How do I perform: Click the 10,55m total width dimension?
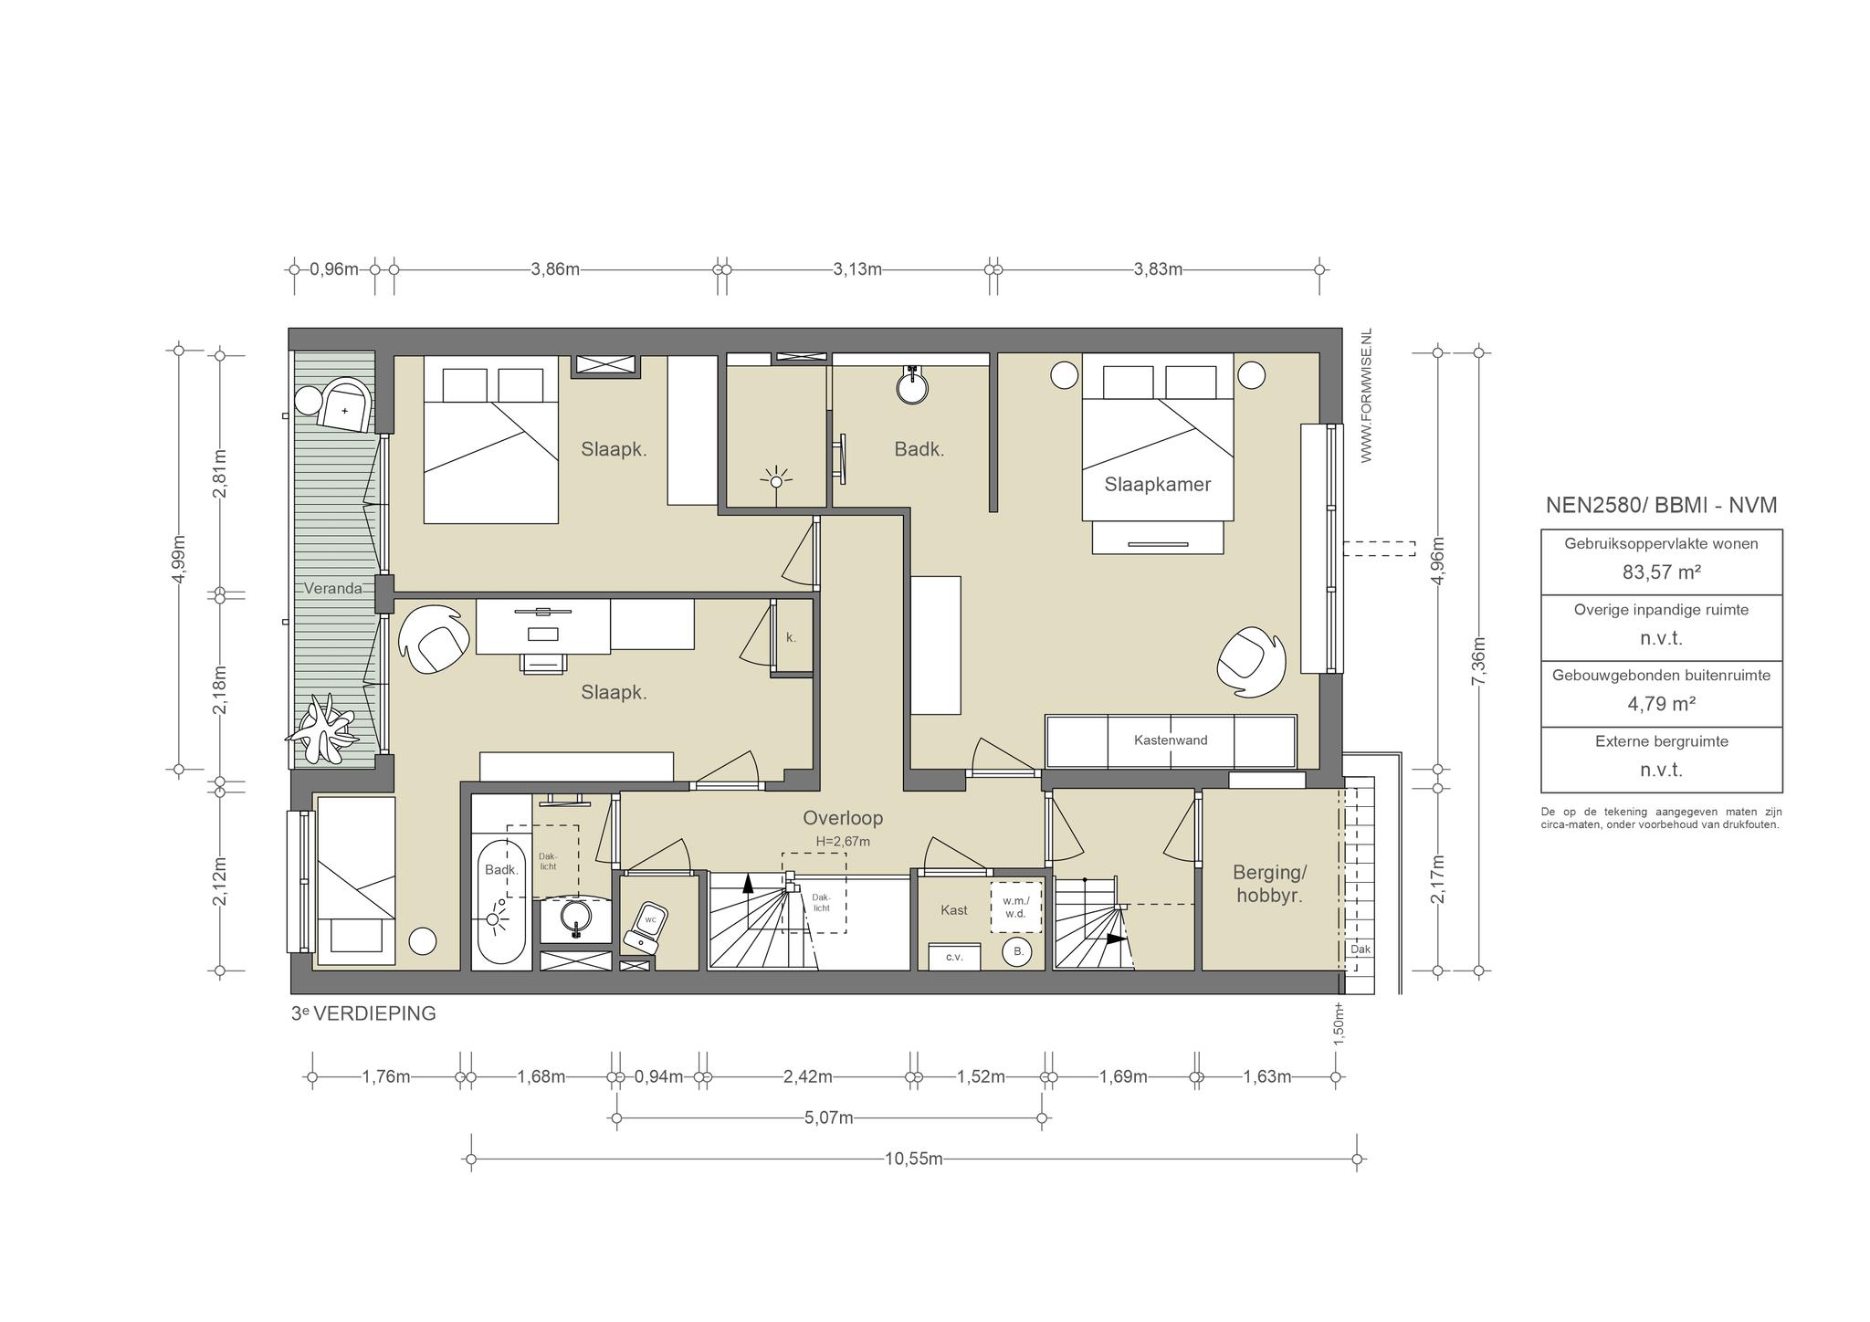(913, 1159)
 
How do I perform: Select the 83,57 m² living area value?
(1661, 572)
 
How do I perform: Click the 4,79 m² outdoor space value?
(1661, 704)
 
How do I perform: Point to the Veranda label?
(332, 589)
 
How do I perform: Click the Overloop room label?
(843, 818)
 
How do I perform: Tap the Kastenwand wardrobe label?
(1171, 740)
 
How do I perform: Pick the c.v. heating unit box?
(954, 957)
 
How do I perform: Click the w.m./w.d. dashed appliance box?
(1016, 907)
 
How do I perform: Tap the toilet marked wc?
(646, 926)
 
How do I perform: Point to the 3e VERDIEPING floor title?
(363, 1013)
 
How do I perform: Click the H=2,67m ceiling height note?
(843, 842)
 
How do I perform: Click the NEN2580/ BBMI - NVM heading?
(1661, 506)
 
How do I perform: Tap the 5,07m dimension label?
(829, 1117)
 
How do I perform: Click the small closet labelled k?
(792, 637)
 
